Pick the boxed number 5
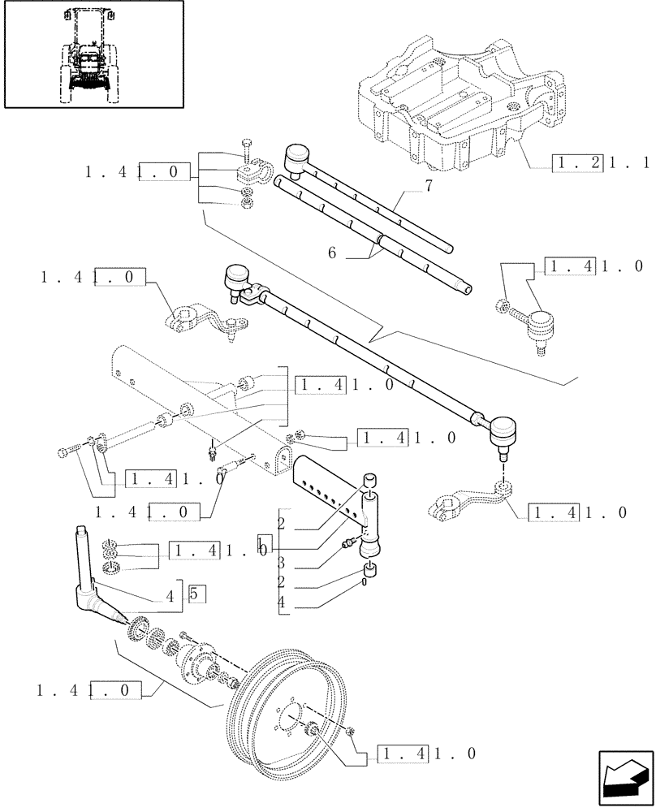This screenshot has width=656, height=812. coord(197,594)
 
